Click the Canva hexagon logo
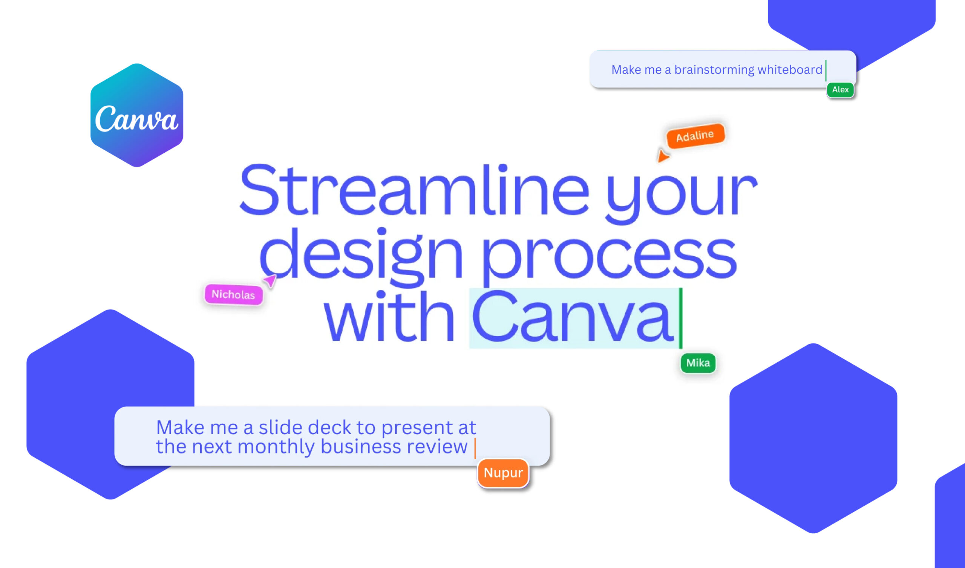[137, 115]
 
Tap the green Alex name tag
[840, 90]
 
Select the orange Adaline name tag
[695, 136]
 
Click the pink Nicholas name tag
[234, 294]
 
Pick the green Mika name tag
[698, 363]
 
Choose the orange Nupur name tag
[503, 473]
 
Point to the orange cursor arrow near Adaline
[662, 156]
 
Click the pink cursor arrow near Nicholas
[270, 280]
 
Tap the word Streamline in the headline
[414, 190]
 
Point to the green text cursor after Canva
[681, 318]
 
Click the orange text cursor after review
[475, 448]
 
